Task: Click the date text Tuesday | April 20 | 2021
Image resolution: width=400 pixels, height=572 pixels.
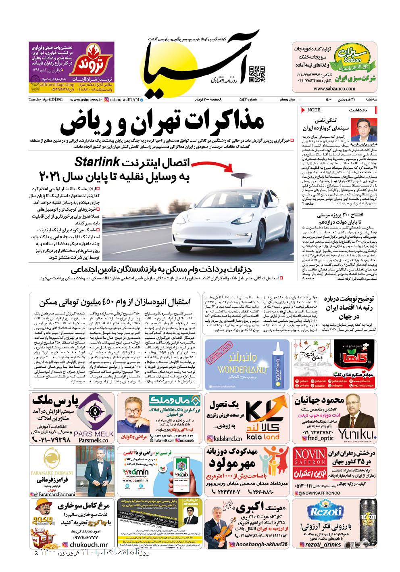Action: pos(45,99)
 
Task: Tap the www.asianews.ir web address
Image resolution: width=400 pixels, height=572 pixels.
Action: pos(85,99)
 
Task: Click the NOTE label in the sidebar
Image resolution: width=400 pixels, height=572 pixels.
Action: pos(314,110)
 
